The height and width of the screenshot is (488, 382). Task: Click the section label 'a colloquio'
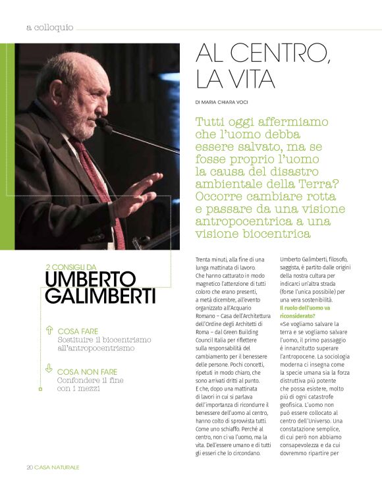point(50,28)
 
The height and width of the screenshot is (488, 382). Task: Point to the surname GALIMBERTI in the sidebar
point(100,296)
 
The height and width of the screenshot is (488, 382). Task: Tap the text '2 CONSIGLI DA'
point(76,267)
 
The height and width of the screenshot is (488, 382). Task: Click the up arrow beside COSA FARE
point(49,330)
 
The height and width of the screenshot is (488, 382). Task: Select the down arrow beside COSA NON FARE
point(49,369)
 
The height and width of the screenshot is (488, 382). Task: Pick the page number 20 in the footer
point(30,467)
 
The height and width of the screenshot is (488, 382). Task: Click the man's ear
point(56,93)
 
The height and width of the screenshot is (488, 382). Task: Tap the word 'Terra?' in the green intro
point(310,184)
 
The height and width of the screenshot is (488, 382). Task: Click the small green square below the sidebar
point(40,389)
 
